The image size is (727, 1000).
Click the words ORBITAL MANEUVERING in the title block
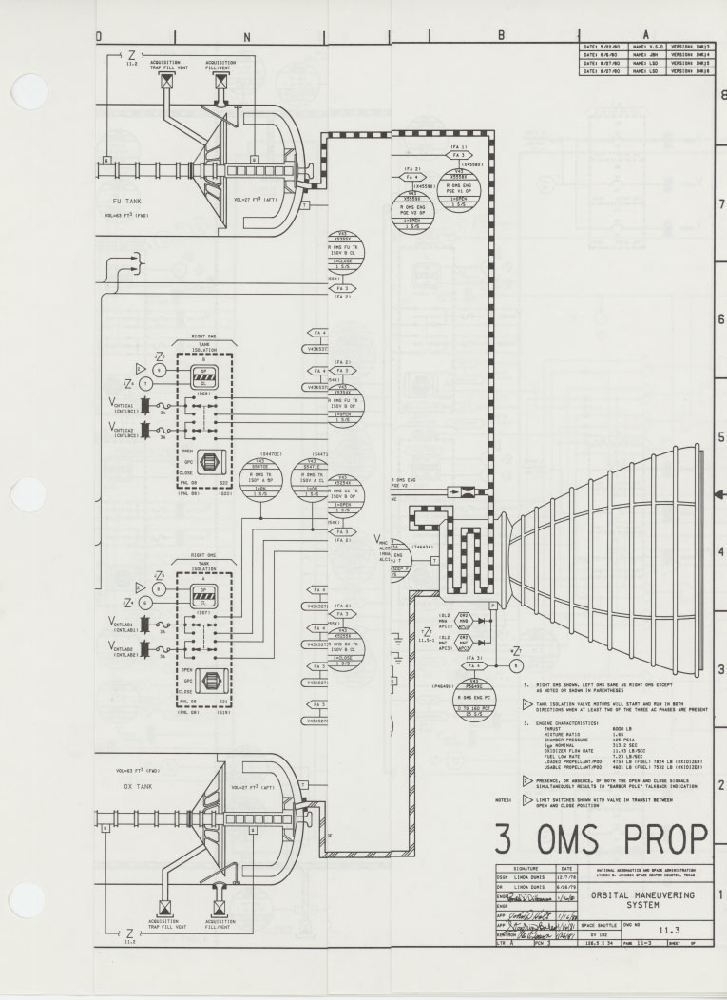coord(643,894)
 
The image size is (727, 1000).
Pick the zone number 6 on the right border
coord(720,319)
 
